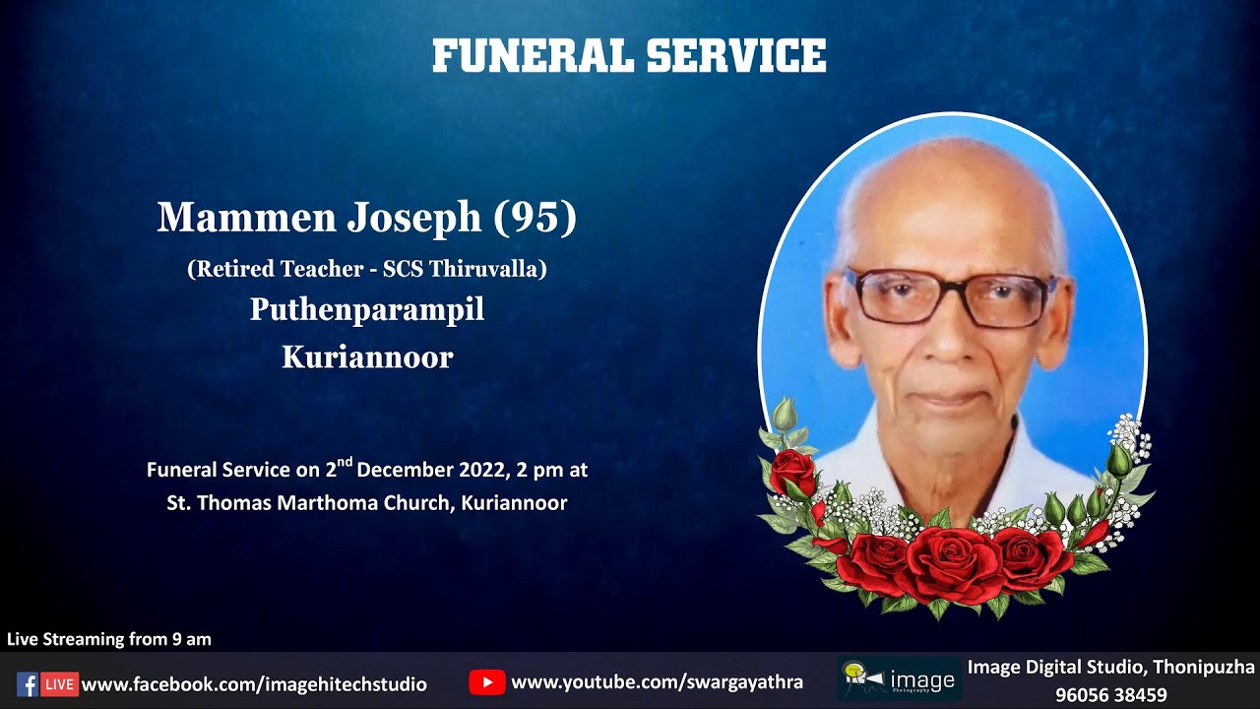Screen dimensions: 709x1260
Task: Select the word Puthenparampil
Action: coord(367,309)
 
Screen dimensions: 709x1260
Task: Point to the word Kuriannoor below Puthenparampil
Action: coord(367,356)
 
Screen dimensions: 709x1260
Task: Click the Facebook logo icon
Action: coord(28,683)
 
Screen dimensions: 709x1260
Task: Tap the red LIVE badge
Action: coord(60,683)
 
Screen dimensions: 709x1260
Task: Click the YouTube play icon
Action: coord(486,681)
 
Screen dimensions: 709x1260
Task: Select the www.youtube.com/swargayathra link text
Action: coord(657,681)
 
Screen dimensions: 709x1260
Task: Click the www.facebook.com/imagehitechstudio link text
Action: coord(254,683)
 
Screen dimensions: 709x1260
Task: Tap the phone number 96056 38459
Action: coord(1110,694)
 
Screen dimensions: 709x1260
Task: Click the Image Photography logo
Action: coord(899,679)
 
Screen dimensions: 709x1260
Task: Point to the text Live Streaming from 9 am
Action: coord(109,639)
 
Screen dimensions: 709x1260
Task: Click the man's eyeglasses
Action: coord(951,296)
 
